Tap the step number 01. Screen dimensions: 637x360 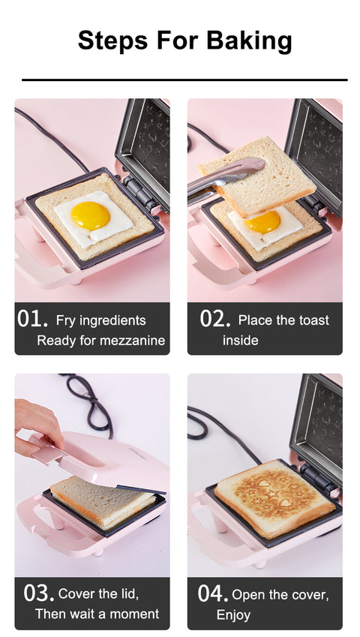click(32, 319)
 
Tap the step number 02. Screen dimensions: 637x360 click(214, 319)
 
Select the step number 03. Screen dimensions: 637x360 click(38, 593)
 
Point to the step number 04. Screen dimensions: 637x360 click(213, 593)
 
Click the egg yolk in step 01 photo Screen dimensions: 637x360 click(91, 216)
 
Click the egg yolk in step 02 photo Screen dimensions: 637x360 click(263, 221)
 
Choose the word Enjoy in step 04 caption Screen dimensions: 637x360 click(233, 615)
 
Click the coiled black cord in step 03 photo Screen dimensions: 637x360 click(90, 405)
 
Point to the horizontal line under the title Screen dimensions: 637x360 click(184, 79)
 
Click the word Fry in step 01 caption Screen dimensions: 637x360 click(66, 320)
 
